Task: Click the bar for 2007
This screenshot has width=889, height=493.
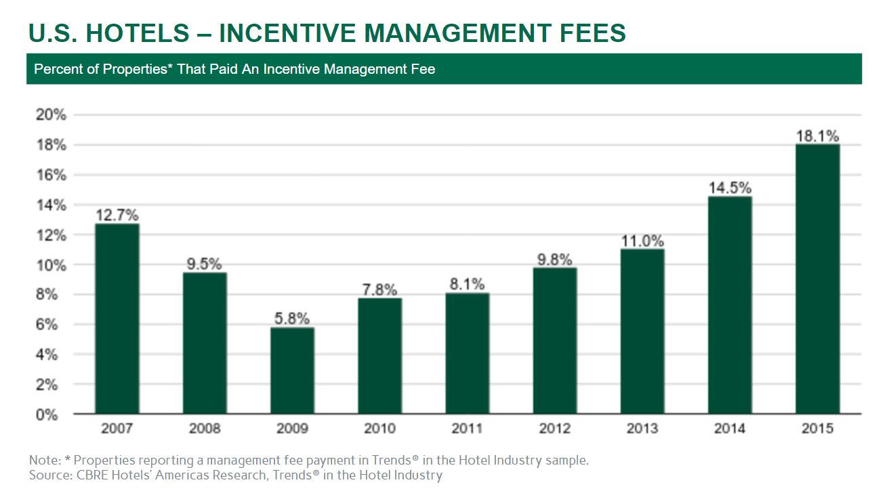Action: pyautogui.click(x=117, y=318)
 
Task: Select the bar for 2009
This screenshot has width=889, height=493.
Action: pyautogui.click(x=292, y=370)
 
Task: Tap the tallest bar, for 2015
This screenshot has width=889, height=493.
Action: pyautogui.click(x=817, y=278)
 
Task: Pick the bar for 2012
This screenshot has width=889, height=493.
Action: pyautogui.click(x=555, y=341)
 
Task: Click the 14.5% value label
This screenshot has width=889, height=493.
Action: pyautogui.click(x=729, y=188)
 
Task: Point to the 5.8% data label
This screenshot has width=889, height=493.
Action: pyautogui.click(x=292, y=318)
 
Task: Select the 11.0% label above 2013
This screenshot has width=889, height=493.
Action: pyautogui.click(x=642, y=241)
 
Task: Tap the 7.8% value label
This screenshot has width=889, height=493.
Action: pyautogui.click(x=379, y=289)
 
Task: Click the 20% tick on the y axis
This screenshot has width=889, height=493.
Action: pyautogui.click(x=51, y=115)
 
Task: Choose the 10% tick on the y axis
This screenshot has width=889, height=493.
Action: pyautogui.click(x=51, y=265)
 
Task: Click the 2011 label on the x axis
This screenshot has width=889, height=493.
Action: pyautogui.click(x=467, y=429)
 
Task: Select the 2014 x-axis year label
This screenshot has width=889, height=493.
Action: pyautogui.click(x=729, y=429)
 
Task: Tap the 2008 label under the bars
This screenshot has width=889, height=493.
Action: pyautogui.click(x=205, y=429)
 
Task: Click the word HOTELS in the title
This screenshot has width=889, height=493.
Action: pyautogui.click(x=130, y=33)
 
